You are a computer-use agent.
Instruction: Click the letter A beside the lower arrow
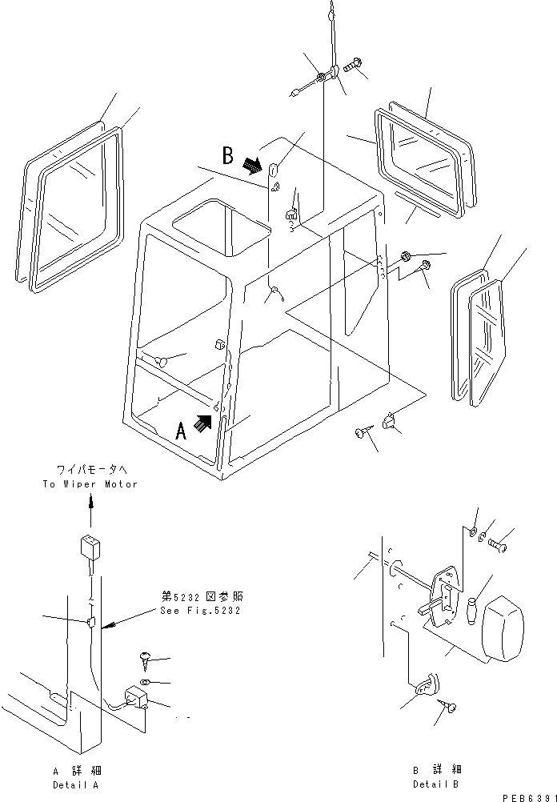coord(182,431)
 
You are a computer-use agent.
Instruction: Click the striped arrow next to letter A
coord(206,422)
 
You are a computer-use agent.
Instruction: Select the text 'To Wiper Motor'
coord(90,484)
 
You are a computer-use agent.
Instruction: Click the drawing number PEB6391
coord(528,797)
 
